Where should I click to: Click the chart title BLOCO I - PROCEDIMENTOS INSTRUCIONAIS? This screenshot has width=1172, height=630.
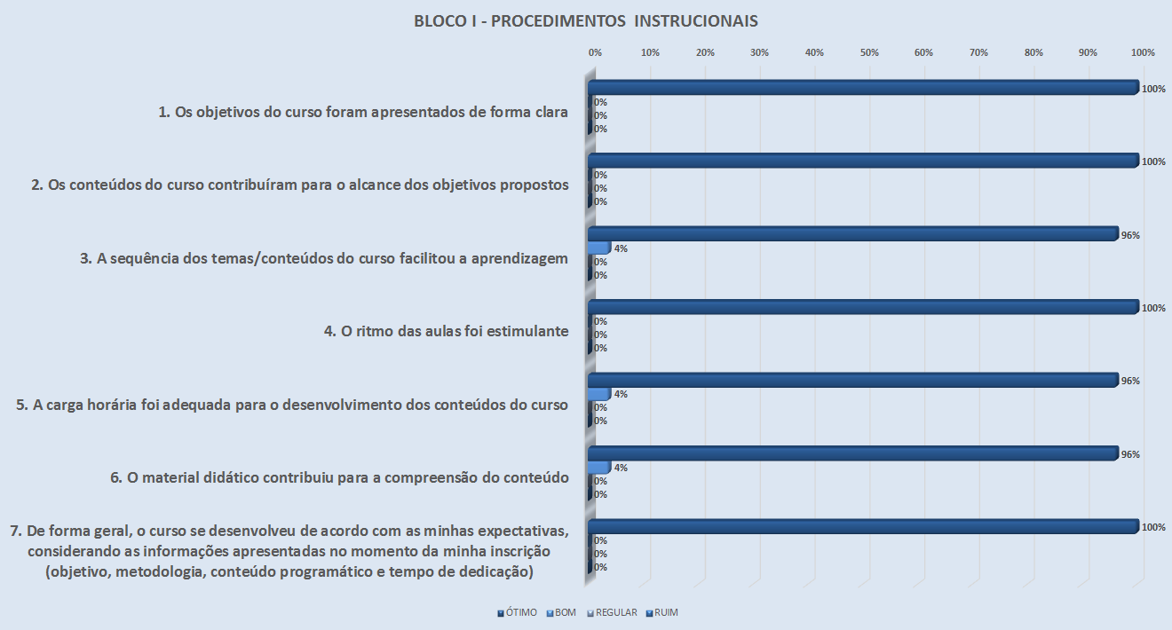click(585, 20)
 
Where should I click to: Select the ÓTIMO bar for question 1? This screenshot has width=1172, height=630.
click(861, 87)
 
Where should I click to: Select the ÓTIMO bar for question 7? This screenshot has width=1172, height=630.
click(861, 526)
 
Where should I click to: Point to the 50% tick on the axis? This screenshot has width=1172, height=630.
click(869, 52)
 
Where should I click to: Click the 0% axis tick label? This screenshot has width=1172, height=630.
click(595, 52)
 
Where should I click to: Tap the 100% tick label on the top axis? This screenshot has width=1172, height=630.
click(1142, 52)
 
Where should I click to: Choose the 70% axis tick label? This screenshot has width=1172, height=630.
click(978, 52)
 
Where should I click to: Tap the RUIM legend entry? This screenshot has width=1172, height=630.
click(665, 612)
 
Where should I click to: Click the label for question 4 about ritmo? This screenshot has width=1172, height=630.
click(446, 332)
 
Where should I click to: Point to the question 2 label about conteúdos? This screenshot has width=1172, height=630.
click(299, 185)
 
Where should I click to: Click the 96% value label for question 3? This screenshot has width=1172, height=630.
click(1130, 235)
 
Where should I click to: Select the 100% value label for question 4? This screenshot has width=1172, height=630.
click(1152, 308)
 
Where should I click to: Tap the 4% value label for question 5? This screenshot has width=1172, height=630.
click(621, 394)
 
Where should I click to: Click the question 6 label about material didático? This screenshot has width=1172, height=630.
click(339, 477)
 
